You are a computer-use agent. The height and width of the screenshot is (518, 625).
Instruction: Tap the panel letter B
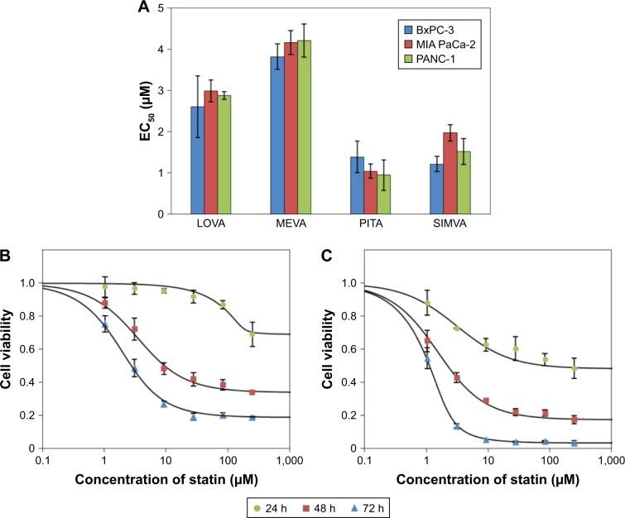pos(7,257)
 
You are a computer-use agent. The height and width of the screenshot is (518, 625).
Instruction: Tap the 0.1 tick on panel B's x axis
pos(44,458)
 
